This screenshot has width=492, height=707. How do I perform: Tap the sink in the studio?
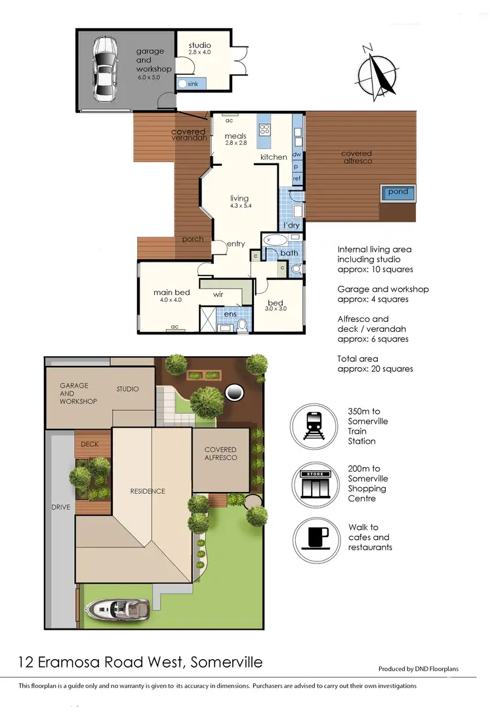(x=182, y=84)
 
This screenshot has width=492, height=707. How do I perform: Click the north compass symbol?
(x=379, y=71)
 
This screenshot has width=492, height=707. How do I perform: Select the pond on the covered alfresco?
(x=398, y=193)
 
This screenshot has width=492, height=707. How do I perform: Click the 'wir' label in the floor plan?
(x=218, y=295)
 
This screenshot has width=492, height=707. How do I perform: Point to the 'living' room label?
(x=239, y=198)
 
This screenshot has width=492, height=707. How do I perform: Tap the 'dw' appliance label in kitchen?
(x=297, y=155)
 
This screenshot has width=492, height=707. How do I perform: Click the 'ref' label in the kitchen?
(x=297, y=178)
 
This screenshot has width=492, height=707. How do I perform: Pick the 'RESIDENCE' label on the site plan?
(x=147, y=491)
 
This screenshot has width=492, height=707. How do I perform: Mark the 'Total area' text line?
(x=358, y=359)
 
